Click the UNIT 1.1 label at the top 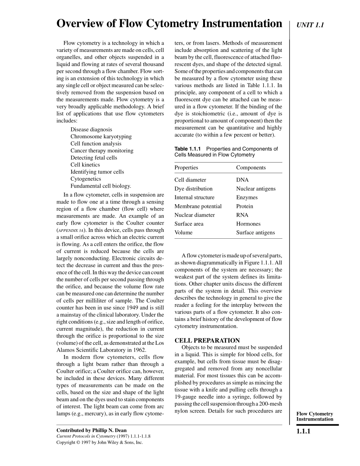point(310,25)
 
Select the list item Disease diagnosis point(91,130)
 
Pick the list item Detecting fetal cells point(94,158)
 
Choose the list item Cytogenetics point(86,179)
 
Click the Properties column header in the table point(186,167)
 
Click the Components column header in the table point(251,167)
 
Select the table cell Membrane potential point(198,206)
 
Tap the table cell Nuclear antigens point(256,189)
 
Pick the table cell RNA point(242,215)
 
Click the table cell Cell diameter point(190,180)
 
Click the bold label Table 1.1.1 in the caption point(188,149)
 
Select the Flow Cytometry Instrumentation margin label point(315,416)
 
